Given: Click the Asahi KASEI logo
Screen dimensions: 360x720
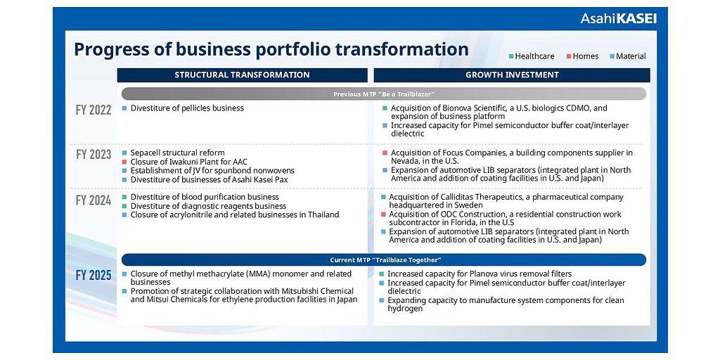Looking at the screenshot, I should coord(618,19).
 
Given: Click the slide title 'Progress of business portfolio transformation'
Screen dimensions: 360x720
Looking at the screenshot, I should coord(271,49).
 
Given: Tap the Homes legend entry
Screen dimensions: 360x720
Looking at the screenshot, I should coord(586,56).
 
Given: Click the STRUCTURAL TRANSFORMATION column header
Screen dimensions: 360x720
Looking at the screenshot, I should coord(242,75).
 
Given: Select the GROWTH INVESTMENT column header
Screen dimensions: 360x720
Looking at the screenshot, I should coord(512,75).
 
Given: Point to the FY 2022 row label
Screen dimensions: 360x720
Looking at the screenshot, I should coord(94,110).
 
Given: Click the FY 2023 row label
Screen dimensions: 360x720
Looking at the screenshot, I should coord(94,154).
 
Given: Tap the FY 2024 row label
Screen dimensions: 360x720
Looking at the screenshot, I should coord(94,200).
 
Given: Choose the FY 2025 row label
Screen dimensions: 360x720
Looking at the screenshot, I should coord(94,275).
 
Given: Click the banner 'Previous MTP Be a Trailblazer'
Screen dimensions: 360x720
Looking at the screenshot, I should coord(383,94).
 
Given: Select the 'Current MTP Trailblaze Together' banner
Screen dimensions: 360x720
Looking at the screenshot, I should coord(383,260).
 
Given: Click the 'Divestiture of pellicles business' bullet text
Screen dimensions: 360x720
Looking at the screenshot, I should coord(187,108).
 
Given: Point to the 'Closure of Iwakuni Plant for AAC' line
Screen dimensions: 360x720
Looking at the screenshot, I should coord(188,162).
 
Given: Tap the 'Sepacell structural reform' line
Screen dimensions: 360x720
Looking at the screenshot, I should coord(177,153).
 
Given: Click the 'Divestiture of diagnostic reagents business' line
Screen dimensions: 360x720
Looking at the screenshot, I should coord(208,206).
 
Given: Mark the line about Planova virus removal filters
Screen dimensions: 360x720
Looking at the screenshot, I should coord(479,274).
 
